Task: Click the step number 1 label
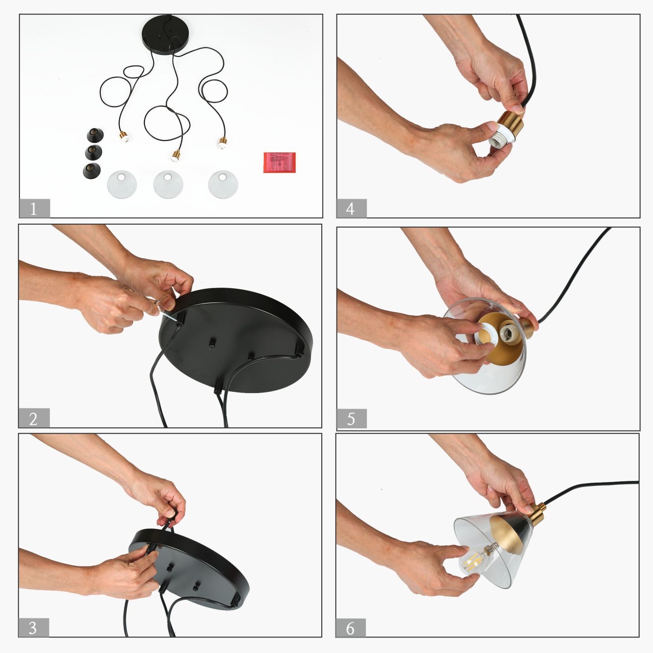pyautogui.click(x=34, y=209)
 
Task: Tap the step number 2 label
pyautogui.click(x=34, y=418)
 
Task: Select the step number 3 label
pyautogui.click(x=33, y=628)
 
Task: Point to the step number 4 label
pyautogui.click(x=351, y=209)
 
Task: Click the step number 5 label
pyautogui.click(x=351, y=419)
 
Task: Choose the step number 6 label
pyautogui.click(x=350, y=628)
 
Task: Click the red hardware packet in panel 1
pyautogui.click(x=279, y=162)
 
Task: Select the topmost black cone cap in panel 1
pyautogui.click(x=95, y=135)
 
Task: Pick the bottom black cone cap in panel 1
pyautogui.click(x=91, y=170)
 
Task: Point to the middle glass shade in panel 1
pyautogui.click(x=168, y=184)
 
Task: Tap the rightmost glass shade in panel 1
pyautogui.click(x=223, y=184)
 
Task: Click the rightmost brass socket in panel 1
pyautogui.click(x=222, y=143)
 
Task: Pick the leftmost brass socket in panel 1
pyautogui.click(x=124, y=136)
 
